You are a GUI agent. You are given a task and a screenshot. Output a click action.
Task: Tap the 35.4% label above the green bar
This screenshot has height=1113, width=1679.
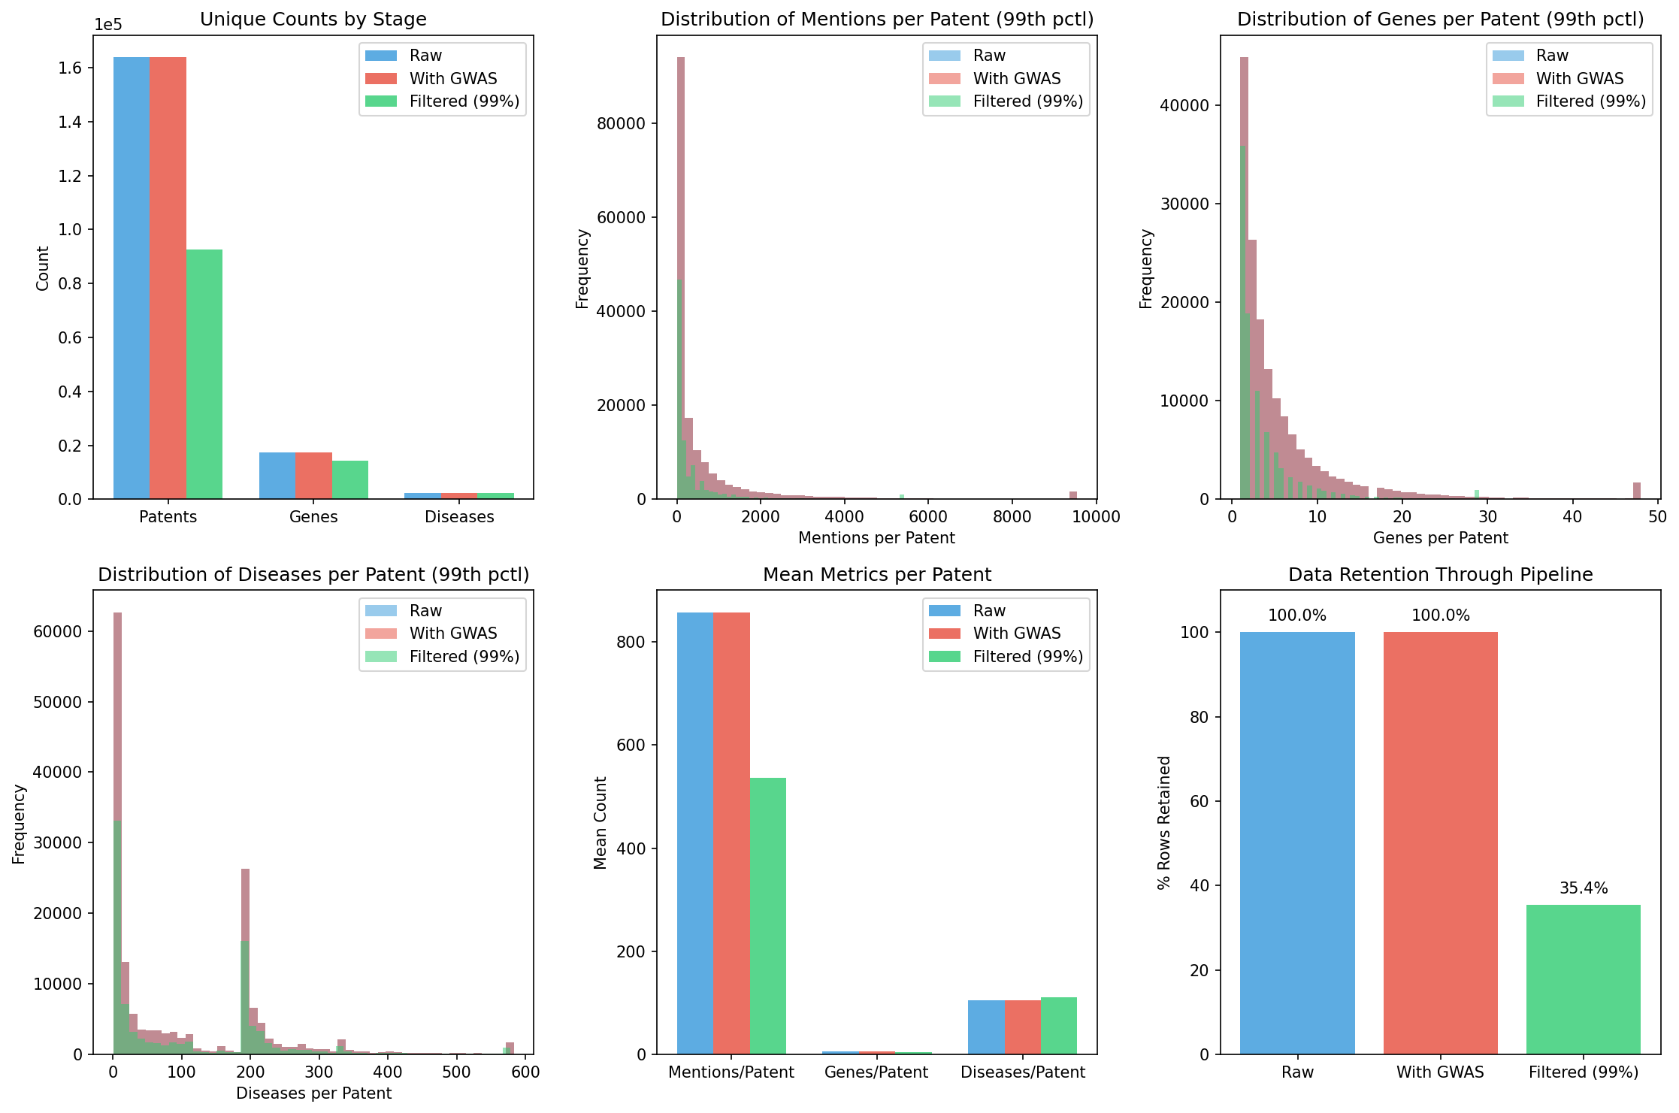pyautogui.click(x=1583, y=888)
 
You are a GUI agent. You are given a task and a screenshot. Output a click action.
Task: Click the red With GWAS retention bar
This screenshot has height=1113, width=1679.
pyautogui.click(x=1440, y=842)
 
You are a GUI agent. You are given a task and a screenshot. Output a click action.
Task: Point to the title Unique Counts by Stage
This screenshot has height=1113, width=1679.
pyautogui.click(x=313, y=20)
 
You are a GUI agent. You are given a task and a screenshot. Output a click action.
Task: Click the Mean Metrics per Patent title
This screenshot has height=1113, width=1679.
pyautogui.click(x=876, y=575)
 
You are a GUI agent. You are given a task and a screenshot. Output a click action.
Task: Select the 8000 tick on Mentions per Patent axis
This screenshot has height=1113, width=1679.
pyautogui.click(x=1012, y=517)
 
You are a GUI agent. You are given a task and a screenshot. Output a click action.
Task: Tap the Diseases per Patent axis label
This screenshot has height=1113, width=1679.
pyautogui.click(x=313, y=1093)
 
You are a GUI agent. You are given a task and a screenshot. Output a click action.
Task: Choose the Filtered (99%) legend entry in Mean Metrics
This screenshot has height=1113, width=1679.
pyautogui.click(x=1027, y=657)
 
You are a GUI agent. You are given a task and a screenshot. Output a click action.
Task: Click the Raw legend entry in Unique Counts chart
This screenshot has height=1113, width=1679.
pyautogui.click(x=425, y=56)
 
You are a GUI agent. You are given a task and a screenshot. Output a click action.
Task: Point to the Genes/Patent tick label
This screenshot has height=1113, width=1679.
pyautogui.click(x=876, y=1072)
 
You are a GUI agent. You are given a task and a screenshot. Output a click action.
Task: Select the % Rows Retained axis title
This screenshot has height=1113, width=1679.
pyautogui.click(x=1164, y=823)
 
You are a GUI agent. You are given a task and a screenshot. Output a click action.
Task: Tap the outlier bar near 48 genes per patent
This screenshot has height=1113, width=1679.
pyautogui.click(x=1636, y=491)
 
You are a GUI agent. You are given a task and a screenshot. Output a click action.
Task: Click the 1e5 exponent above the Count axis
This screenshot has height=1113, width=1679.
pyautogui.click(x=107, y=25)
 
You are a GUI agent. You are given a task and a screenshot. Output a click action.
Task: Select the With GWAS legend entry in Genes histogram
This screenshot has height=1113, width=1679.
pyautogui.click(x=1579, y=79)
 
